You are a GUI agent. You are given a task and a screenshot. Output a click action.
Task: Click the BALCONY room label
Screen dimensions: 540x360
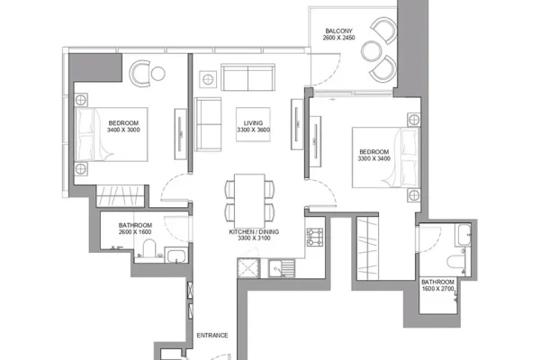(x=339, y=31)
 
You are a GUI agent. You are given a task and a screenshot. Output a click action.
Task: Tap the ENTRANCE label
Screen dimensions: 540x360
(x=212, y=335)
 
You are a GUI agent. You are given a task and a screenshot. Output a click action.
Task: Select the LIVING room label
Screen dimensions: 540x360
(x=253, y=123)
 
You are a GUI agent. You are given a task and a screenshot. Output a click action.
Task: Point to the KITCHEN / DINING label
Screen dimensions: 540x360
(x=254, y=232)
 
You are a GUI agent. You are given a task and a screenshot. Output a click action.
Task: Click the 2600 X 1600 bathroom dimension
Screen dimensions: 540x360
(x=135, y=232)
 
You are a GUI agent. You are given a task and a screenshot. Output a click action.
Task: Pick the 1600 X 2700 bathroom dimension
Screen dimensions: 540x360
(x=437, y=289)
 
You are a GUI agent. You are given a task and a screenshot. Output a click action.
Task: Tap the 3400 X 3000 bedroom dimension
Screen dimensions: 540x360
(x=123, y=130)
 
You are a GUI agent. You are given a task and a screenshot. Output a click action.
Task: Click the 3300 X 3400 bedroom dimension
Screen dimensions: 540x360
(x=374, y=158)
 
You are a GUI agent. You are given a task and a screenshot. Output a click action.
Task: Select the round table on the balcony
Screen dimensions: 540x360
(x=371, y=50)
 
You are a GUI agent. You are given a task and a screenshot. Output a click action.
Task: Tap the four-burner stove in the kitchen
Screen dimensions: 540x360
(x=315, y=238)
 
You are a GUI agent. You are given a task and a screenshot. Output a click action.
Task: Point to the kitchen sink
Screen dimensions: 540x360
(x=282, y=267)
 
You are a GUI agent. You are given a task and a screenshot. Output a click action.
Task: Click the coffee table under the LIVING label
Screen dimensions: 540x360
(x=253, y=124)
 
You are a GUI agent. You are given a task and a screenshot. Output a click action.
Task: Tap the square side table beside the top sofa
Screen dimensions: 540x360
(x=208, y=79)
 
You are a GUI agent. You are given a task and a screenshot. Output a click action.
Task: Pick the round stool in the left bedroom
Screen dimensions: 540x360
(x=158, y=74)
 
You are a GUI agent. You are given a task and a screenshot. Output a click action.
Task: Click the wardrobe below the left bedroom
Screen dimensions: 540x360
(x=120, y=196)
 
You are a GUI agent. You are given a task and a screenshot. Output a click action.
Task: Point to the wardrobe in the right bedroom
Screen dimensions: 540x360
(x=367, y=248)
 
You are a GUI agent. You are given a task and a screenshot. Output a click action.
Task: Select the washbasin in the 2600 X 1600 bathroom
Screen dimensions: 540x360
(x=176, y=255)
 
